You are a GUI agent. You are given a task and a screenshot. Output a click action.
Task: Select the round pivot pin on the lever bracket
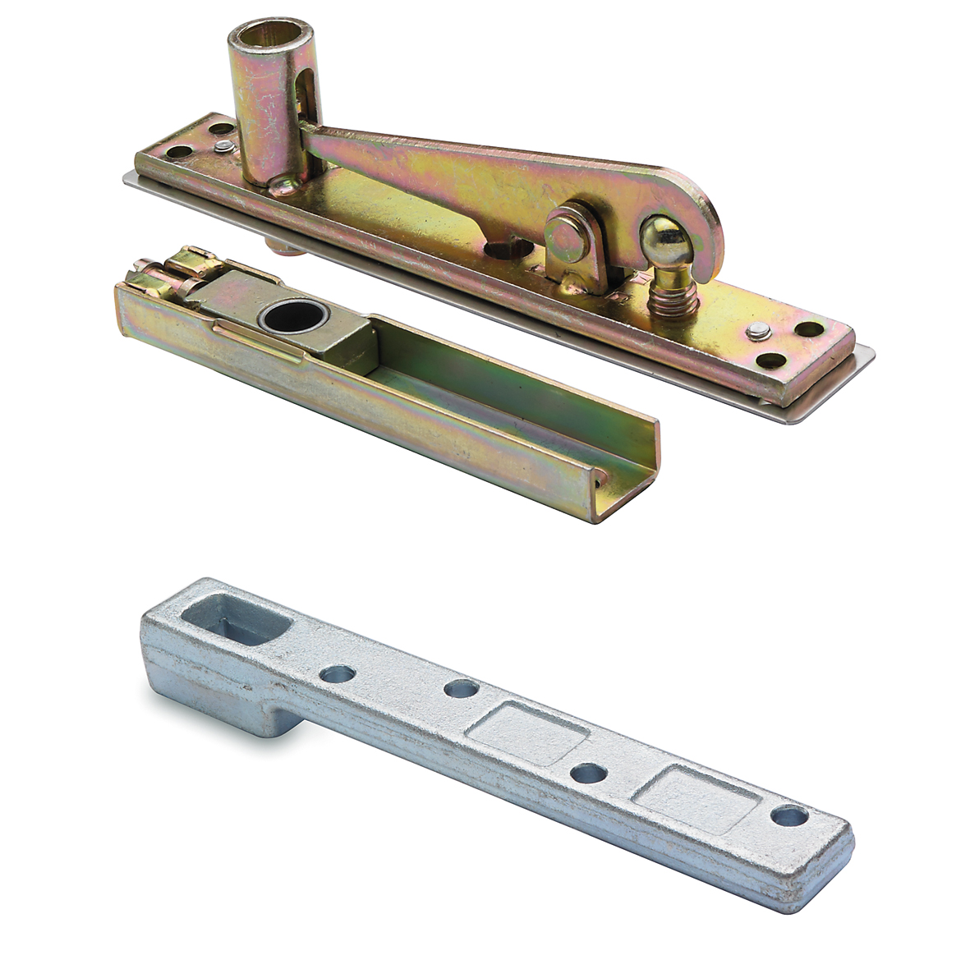click(567, 239)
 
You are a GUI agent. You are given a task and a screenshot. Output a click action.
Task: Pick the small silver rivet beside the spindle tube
click(223, 147)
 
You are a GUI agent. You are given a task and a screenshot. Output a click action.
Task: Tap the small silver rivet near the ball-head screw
click(758, 330)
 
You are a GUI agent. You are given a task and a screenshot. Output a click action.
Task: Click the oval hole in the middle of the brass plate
click(502, 250)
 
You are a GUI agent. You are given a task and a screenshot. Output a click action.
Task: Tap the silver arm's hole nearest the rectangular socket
click(338, 674)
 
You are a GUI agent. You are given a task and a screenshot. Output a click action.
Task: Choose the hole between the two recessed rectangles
click(588, 773)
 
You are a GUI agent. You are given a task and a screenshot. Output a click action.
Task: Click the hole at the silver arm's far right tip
click(789, 815)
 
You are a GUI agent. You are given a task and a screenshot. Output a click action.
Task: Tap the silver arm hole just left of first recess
click(461, 688)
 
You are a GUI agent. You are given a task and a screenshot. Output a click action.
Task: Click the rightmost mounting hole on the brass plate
click(809, 329)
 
